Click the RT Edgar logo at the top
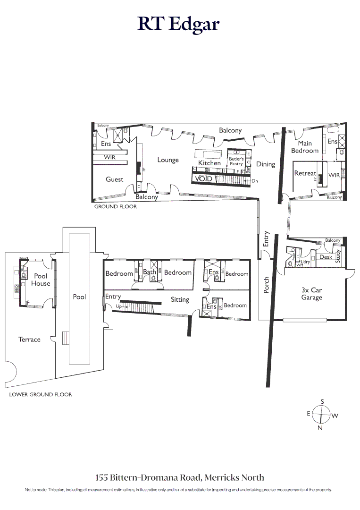tap(179, 24)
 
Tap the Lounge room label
tap(168, 160)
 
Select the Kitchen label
tap(209, 163)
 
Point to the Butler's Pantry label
tap(236, 161)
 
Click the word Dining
tap(266, 164)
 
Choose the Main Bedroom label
tap(305, 147)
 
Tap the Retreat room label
tap(305, 173)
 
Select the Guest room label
tap(114, 179)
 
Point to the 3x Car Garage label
tap(311, 294)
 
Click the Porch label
tap(266, 285)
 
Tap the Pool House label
tap(41, 280)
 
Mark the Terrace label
tap(29, 340)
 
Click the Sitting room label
tap(180, 299)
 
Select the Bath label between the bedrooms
tap(150, 272)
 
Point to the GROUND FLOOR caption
tap(116, 207)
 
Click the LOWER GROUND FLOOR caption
tap(41, 394)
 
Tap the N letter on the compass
tap(320, 428)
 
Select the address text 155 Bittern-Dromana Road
tap(180, 477)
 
